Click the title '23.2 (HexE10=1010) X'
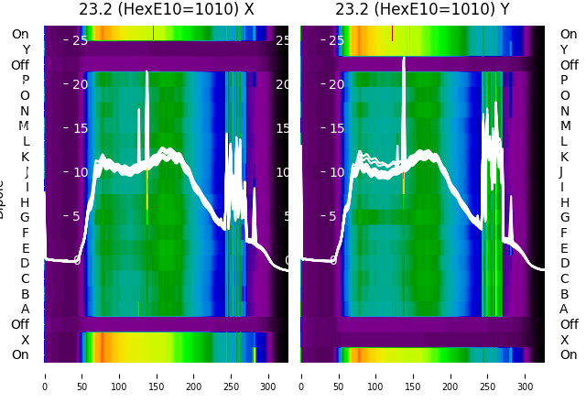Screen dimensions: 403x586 click(166, 10)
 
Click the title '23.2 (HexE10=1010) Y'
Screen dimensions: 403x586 click(422, 10)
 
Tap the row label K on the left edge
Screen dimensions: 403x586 click(26, 157)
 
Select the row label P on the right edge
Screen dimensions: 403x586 click(563, 80)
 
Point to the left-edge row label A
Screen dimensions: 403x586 click(26, 309)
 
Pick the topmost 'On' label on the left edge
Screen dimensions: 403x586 click(20, 34)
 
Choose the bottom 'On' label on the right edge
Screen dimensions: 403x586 click(569, 354)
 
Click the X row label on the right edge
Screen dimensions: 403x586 click(563, 340)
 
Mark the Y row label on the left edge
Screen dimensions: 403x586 click(26, 49)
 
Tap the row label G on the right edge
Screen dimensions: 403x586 click(564, 217)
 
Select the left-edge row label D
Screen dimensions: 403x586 click(26, 263)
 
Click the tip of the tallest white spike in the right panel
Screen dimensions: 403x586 click(403, 58)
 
